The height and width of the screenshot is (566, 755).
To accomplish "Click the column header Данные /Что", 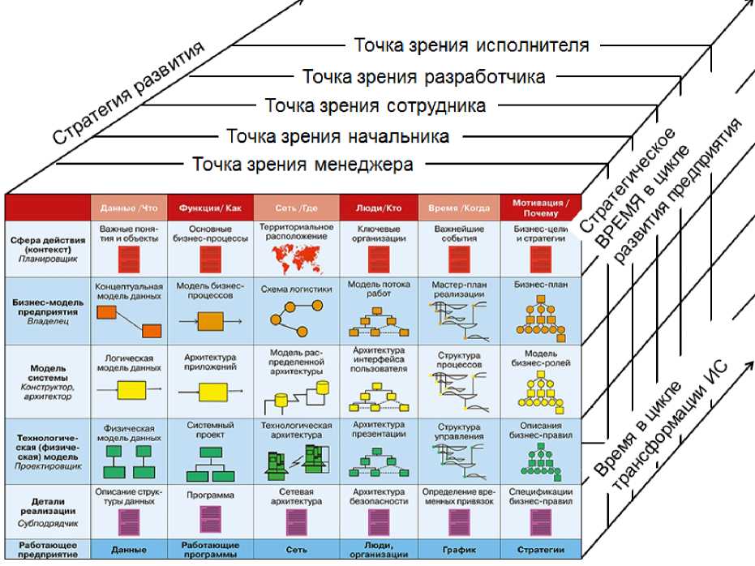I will click(x=129, y=208).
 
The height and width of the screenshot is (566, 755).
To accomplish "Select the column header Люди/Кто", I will click(x=378, y=208).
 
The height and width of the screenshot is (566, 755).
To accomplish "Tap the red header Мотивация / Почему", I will click(x=541, y=208).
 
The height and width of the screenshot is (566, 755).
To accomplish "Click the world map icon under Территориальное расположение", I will click(x=295, y=258).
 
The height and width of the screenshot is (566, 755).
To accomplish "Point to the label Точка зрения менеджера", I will click(x=302, y=165).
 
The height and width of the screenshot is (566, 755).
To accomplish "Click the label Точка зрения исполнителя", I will click(x=471, y=45).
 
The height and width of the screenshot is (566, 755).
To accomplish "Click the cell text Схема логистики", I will click(x=295, y=289).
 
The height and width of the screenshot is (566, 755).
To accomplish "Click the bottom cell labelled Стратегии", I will click(x=541, y=549).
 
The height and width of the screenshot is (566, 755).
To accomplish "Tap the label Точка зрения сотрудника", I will click(x=375, y=105).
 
